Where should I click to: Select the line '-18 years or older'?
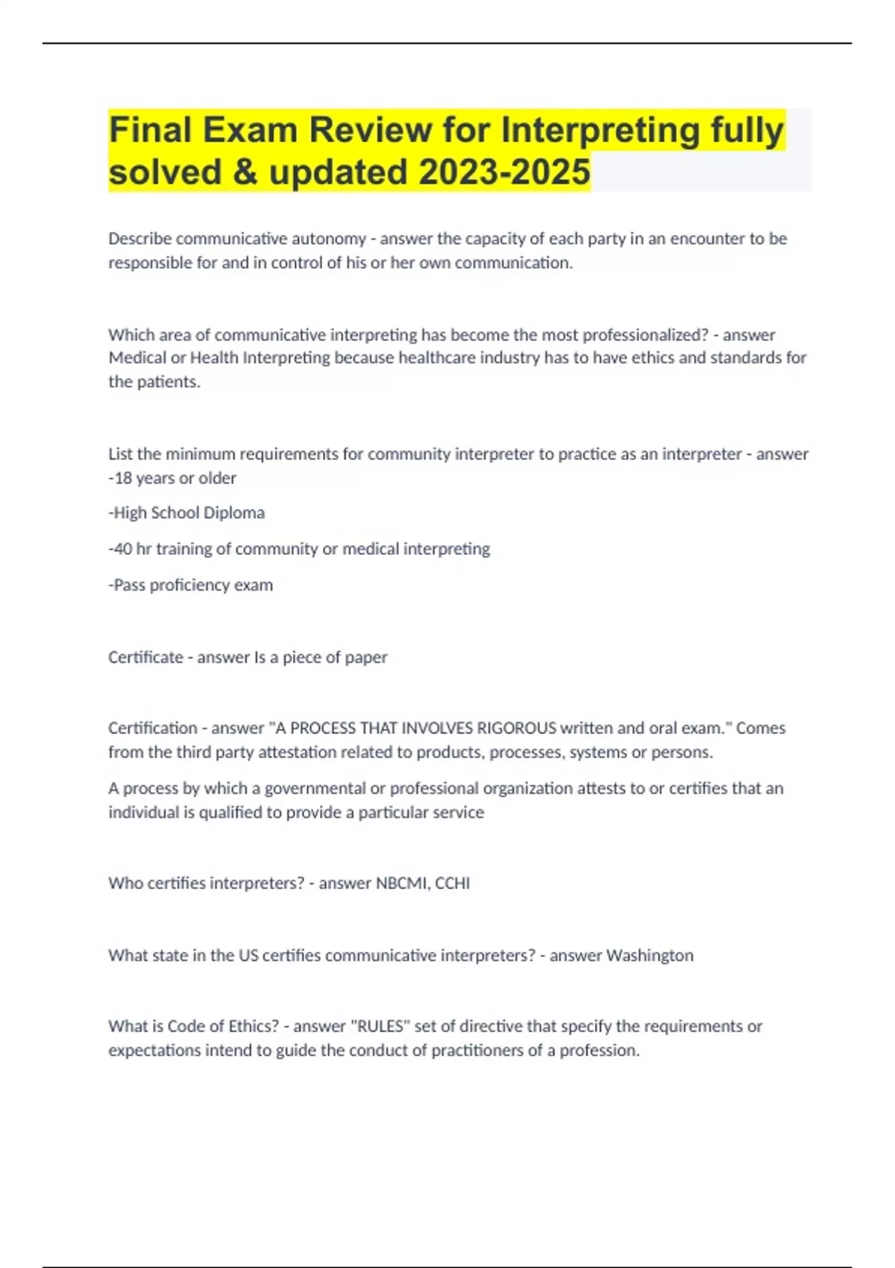(x=172, y=478)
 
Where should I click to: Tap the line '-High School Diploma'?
(x=186, y=513)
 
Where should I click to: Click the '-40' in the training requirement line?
(x=120, y=549)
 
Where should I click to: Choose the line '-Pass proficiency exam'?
(x=191, y=586)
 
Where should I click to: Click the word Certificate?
(x=145, y=657)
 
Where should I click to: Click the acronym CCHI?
(x=453, y=883)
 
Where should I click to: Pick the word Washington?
(x=650, y=955)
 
